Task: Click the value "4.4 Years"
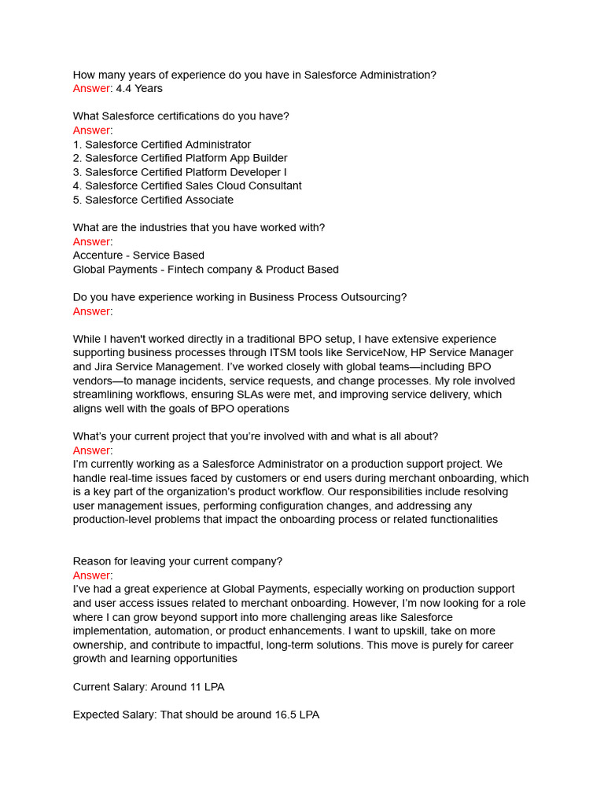139,89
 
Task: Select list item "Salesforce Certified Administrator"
168,145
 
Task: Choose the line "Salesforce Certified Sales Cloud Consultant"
193,186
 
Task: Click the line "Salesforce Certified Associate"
159,200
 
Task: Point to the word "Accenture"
98,255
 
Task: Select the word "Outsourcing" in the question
373,297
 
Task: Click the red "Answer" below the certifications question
91,130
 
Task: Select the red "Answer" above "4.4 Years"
91,89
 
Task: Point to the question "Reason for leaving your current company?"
178,561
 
